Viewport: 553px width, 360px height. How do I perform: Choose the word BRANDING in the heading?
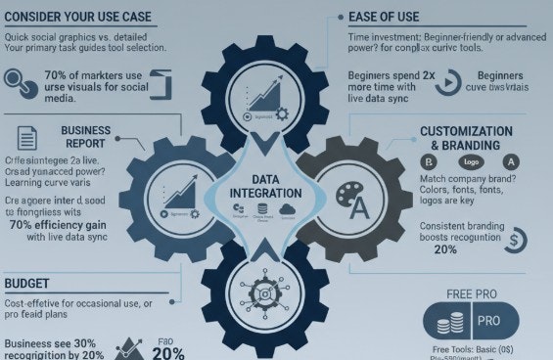pos(466,145)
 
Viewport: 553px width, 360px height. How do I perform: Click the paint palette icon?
pos(349,197)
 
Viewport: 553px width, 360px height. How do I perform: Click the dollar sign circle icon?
pos(518,239)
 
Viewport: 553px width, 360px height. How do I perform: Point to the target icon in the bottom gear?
pos(266,292)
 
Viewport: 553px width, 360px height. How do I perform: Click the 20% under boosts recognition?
pos(445,249)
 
